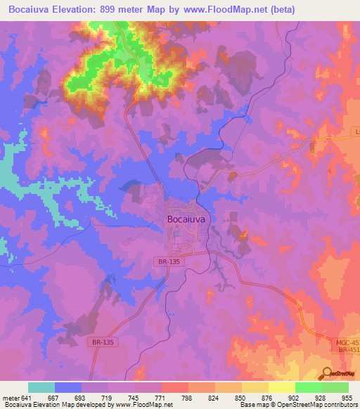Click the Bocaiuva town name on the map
click(187, 219)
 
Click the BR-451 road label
click(348, 349)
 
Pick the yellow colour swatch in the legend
click(281, 387)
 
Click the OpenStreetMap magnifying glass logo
click(326, 373)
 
